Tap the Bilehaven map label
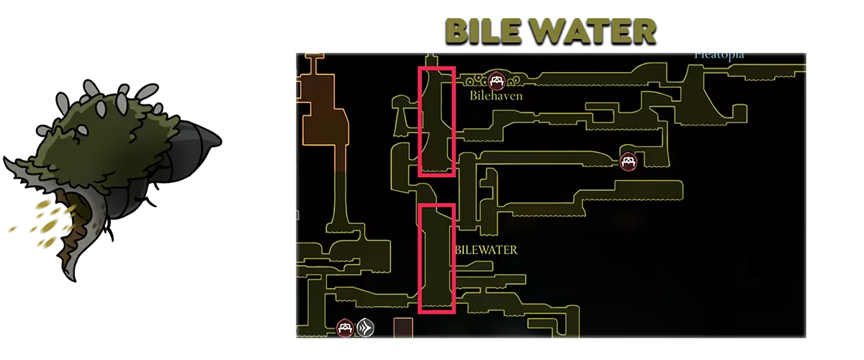[x=495, y=95]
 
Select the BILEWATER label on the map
[x=486, y=250]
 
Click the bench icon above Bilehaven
[x=495, y=80]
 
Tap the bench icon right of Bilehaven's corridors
[x=629, y=161]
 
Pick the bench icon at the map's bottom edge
[x=346, y=328]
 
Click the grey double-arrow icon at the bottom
[x=365, y=328]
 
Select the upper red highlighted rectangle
[x=437, y=121]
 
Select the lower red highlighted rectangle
[x=437, y=259]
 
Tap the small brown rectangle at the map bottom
[x=403, y=328]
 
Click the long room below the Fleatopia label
[x=749, y=71]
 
